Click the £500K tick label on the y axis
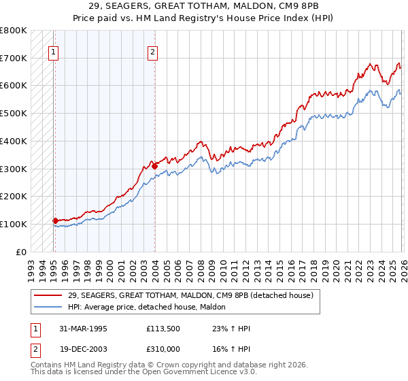(14, 113)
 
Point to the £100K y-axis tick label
(14, 224)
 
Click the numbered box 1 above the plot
(53, 51)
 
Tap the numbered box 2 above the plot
(153, 51)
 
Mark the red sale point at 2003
(154, 165)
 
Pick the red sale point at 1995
(56, 220)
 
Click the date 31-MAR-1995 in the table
(85, 329)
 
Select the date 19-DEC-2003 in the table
(85, 348)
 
